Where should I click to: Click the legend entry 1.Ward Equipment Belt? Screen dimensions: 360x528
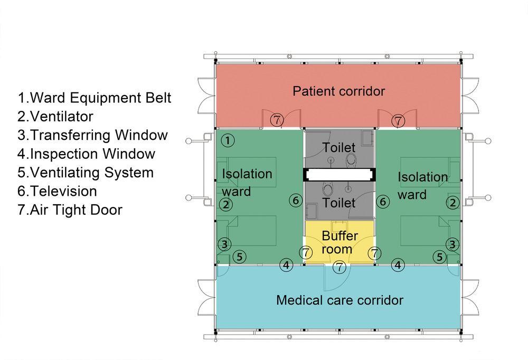click(x=95, y=98)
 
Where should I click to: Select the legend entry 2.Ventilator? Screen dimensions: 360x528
click(x=55, y=117)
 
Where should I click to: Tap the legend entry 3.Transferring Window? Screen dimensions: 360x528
click(x=93, y=135)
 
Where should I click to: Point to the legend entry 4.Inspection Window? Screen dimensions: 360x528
click(x=87, y=154)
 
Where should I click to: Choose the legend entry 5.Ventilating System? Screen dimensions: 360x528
click(x=86, y=173)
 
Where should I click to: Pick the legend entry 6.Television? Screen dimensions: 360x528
click(x=58, y=191)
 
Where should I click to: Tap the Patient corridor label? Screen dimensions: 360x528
click(x=339, y=91)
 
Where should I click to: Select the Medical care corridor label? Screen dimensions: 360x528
click(x=340, y=300)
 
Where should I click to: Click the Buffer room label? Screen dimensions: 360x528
click(x=340, y=242)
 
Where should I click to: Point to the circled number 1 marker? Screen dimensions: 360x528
click(x=227, y=140)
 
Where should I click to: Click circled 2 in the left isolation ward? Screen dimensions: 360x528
click(x=226, y=204)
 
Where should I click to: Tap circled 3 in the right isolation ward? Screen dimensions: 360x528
click(x=452, y=244)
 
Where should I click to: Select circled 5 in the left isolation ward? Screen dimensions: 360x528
click(x=239, y=257)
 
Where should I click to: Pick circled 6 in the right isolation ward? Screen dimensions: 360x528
click(x=383, y=201)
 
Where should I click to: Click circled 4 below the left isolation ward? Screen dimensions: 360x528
click(x=286, y=265)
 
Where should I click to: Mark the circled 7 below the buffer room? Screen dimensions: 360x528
click(x=340, y=267)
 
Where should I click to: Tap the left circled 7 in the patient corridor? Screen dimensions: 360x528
click(x=277, y=120)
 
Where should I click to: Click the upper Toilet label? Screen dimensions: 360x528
click(x=339, y=147)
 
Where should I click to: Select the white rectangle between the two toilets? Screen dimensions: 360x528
click(x=340, y=174)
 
